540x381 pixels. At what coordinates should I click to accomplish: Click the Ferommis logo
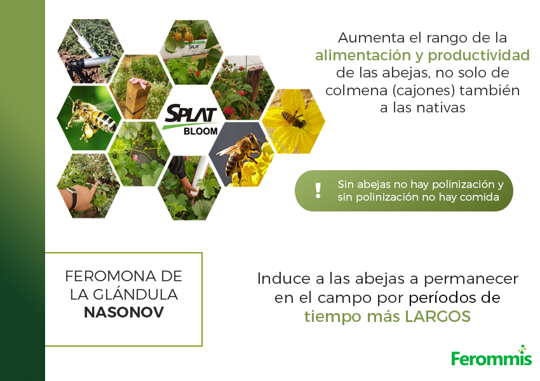492,356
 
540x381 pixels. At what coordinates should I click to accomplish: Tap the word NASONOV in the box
124,312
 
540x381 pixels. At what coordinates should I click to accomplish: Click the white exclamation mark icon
318,190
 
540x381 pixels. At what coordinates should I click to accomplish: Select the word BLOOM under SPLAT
200,131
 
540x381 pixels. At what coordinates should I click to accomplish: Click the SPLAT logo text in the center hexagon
191,113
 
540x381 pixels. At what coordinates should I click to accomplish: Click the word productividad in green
479,55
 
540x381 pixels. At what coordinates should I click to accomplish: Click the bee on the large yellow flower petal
294,119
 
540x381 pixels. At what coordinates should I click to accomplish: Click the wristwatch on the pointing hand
73,198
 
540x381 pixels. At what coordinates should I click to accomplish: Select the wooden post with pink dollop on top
137,97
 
